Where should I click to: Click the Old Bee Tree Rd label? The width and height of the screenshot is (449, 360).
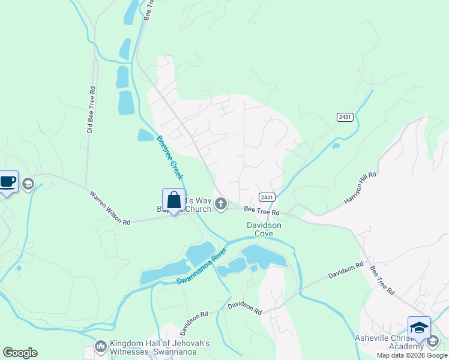pyautogui.click(x=91, y=109)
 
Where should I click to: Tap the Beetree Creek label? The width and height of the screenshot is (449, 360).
pyautogui.click(x=169, y=158)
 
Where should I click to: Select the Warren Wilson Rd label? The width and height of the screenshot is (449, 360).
pyautogui.click(x=110, y=208)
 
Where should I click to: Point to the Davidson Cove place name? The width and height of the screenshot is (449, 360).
pyautogui.click(x=264, y=229)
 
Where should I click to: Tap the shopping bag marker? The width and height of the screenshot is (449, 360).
pyautogui.click(x=173, y=200)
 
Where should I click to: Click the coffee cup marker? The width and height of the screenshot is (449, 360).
pyautogui.click(x=7, y=182)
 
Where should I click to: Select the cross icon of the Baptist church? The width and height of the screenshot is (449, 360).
pyautogui.click(x=221, y=204)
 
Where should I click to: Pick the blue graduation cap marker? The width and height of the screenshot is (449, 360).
pyautogui.click(x=419, y=328)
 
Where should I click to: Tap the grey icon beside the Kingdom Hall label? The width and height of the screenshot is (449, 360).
pyautogui.click(x=100, y=347)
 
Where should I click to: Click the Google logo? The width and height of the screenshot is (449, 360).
pyautogui.click(x=20, y=353)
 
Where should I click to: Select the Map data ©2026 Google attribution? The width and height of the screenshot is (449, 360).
pyautogui.click(x=412, y=355)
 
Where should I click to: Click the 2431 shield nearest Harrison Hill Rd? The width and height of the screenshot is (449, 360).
pyautogui.click(x=345, y=117)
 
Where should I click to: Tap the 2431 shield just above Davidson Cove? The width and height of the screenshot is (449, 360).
pyautogui.click(x=267, y=197)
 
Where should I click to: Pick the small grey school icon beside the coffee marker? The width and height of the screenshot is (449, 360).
pyautogui.click(x=28, y=184)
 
